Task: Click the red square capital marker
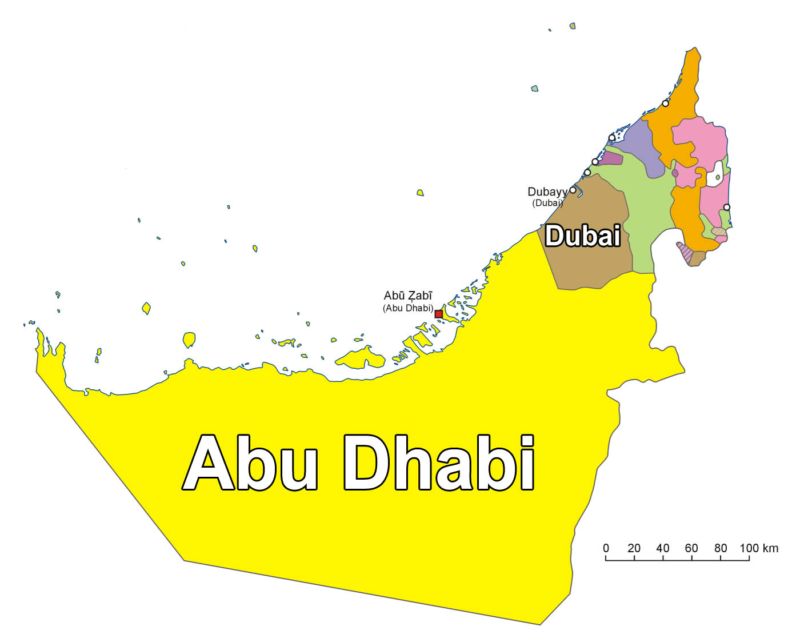[x=438, y=314]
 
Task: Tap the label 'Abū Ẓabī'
[x=408, y=296]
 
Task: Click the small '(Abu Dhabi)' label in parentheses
[x=408, y=308]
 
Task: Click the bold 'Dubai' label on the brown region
[x=582, y=236]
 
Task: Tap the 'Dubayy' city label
[x=547, y=192]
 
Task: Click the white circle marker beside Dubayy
[x=573, y=190]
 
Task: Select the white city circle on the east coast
[x=726, y=207]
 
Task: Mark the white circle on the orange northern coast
[x=665, y=103]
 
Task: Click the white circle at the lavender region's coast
[x=611, y=138]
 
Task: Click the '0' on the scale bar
[x=606, y=548]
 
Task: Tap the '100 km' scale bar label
[x=759, y=548]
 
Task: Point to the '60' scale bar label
[x=691, y=548]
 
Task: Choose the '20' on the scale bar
[x=634, y=548]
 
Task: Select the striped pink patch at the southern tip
[x=685, y=252]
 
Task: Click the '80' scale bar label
[x=721, y=548]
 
